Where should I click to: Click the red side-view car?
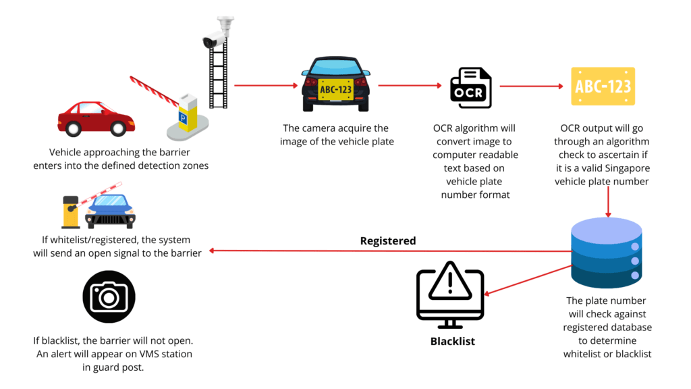coord(96,119)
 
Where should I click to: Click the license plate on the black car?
coord(335,90)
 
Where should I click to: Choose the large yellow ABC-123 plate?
coord(603,86)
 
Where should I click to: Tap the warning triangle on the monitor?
coord(449,284)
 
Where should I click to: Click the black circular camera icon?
coord(109,297)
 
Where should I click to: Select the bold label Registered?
coord(388,241)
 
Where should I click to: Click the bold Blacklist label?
coord(453,342)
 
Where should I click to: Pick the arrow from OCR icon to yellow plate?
coord(531,86)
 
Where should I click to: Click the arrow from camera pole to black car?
coord(265,86)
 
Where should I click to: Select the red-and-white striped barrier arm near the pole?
coord(153,90)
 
